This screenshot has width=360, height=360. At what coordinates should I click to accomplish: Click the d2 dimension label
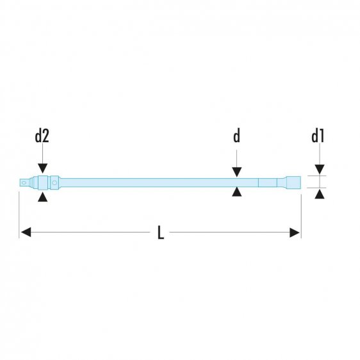42,136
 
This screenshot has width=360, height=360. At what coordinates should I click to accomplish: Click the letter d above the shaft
236,136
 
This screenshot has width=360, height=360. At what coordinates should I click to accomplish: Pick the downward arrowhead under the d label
236,171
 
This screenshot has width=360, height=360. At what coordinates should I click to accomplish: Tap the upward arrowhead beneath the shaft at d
236,192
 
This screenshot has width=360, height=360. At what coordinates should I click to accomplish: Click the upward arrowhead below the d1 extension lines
319,194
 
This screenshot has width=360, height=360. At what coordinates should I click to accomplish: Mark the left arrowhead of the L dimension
25,233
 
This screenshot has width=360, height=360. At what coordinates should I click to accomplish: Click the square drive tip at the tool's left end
26,183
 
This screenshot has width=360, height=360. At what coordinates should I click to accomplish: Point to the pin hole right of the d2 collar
55,183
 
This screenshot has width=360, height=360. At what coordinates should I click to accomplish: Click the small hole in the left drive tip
24,183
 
